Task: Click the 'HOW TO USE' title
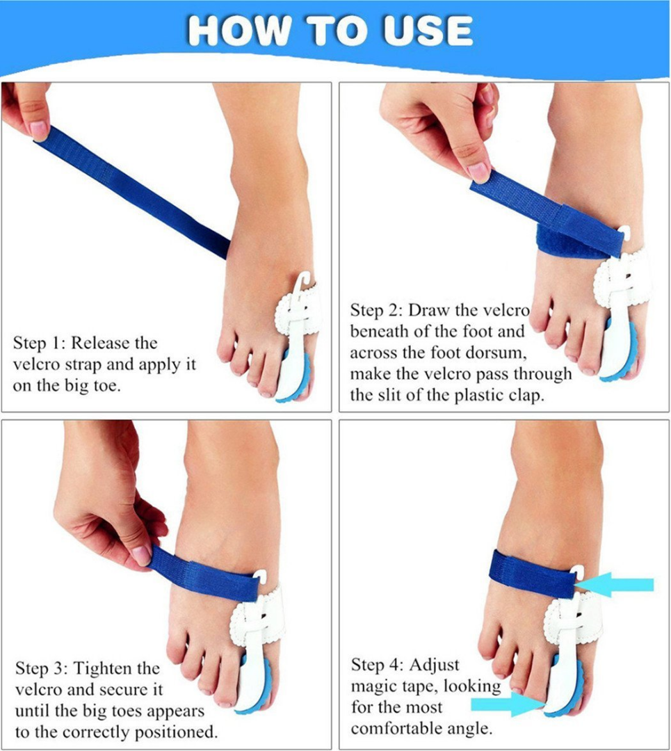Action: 330,31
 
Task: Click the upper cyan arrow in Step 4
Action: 619,585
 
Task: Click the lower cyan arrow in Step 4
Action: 506,704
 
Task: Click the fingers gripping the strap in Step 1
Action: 28,111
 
